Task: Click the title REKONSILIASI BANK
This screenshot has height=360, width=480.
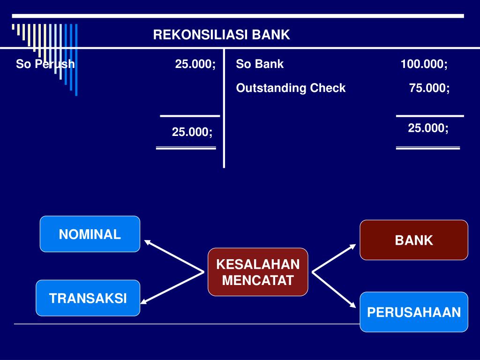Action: click(222, 35)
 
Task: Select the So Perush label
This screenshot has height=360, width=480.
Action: click(45, 64)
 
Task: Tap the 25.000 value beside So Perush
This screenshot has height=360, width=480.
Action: click(195, 64)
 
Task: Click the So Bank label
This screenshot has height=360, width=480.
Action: click(260, 64)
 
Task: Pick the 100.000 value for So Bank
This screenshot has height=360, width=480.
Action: click(424, 64)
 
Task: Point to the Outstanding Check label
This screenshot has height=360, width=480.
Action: click(291, 88)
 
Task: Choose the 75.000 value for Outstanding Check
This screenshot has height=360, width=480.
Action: click(429, 88)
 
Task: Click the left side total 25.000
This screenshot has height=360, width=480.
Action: click(192, 132)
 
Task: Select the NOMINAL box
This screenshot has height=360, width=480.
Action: click(90, 234)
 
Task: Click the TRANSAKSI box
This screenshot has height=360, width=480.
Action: click(88, 298)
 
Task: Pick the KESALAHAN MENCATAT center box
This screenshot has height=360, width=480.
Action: click(258, 272)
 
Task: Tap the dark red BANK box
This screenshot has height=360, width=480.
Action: click(414, 240)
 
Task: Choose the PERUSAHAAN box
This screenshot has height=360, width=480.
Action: click(414, 312)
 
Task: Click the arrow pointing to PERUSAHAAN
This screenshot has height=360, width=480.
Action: click(334, 289)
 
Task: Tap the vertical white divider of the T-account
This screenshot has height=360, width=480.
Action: click(224, 108)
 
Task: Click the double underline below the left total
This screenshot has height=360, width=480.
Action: click(186, 148)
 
